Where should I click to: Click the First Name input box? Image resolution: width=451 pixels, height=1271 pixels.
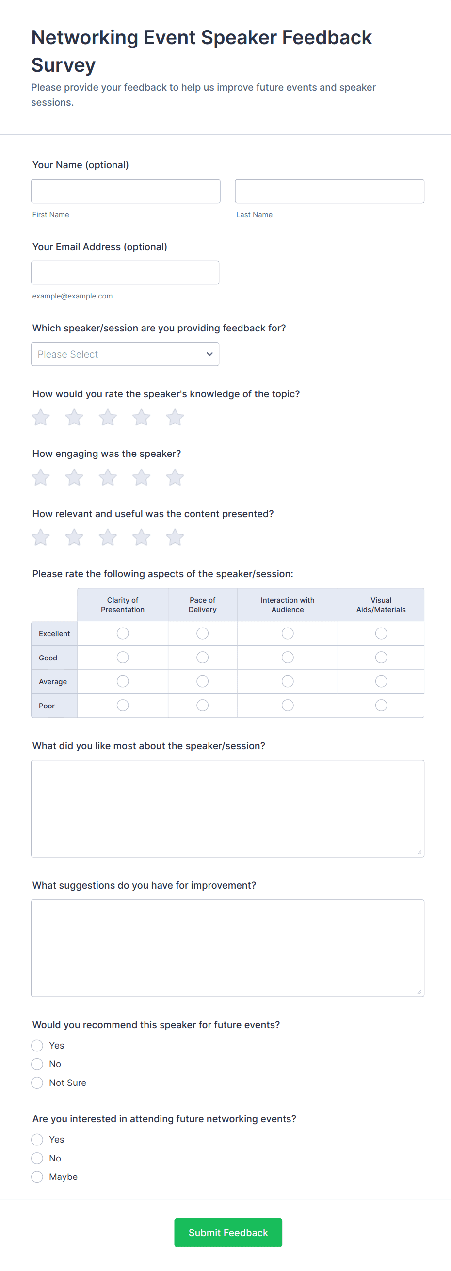coord(126,191)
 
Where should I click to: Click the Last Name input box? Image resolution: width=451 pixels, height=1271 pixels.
coord(329,191)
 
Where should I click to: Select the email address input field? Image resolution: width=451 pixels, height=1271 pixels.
coord(125,272)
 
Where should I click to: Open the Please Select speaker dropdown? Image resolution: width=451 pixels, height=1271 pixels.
coord(125,354)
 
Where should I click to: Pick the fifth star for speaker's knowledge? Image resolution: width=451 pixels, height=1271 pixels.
coord(175,418)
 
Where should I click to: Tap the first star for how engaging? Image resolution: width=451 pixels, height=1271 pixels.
coord(41,478)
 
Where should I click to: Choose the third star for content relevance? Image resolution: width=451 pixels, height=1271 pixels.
coord(108,537)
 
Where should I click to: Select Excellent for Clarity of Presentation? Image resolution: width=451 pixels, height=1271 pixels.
coord(123,633)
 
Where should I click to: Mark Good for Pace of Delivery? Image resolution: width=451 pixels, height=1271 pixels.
coord(203,657)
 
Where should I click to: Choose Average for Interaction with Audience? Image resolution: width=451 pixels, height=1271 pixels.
coord(288,681)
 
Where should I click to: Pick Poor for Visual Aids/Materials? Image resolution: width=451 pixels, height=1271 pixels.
coord(381,706)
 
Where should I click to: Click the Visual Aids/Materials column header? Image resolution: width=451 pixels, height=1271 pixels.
coord(381,604)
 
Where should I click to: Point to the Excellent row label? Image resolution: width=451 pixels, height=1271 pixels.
coord(54,633)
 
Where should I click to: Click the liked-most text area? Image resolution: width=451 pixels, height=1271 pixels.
coord(227,808)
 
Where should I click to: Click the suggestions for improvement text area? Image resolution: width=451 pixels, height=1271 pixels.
coord(227,948)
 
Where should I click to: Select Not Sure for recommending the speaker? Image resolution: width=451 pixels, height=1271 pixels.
coord(37,1083)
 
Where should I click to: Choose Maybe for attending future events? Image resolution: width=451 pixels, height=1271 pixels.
coord(37,1177)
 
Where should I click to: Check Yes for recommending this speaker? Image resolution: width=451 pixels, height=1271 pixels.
coord(37,1046)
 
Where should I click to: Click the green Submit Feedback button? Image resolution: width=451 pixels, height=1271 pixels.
coord(228,1233)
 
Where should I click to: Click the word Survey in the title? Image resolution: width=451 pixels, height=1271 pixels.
coord(63,65)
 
